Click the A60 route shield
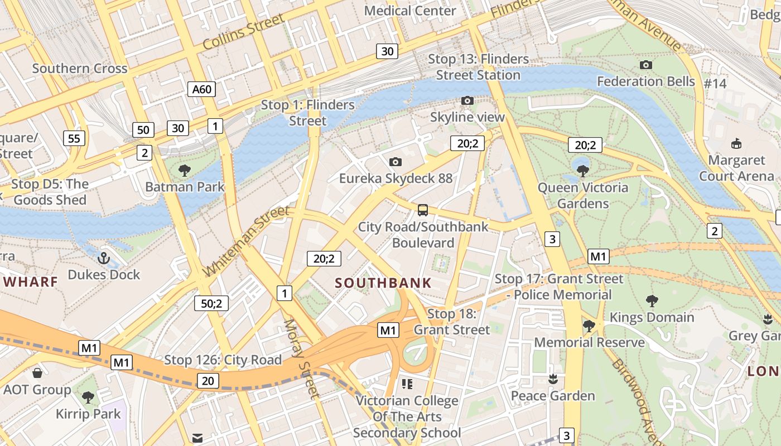coord(201,89)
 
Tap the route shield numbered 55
coord(74,138)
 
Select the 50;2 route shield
coord(211,303)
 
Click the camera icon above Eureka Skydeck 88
coord(396,162)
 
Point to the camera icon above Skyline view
coord(467,100)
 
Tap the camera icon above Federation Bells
coord(646,65)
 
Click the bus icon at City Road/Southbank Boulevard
coord(423,210)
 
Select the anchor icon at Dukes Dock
coord(103,258)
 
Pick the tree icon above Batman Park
coord(184,170)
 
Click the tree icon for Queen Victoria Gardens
coord(583,171)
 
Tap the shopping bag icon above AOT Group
coord(37,372)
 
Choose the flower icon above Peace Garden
coord(553,379)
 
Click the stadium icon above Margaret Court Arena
coord(736,144)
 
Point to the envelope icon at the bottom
coord(197,438)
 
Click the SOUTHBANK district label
coord(383,283)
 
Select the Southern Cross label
coord(80,69)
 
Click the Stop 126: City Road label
coord(223,360)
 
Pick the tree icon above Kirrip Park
coord(88,397)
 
